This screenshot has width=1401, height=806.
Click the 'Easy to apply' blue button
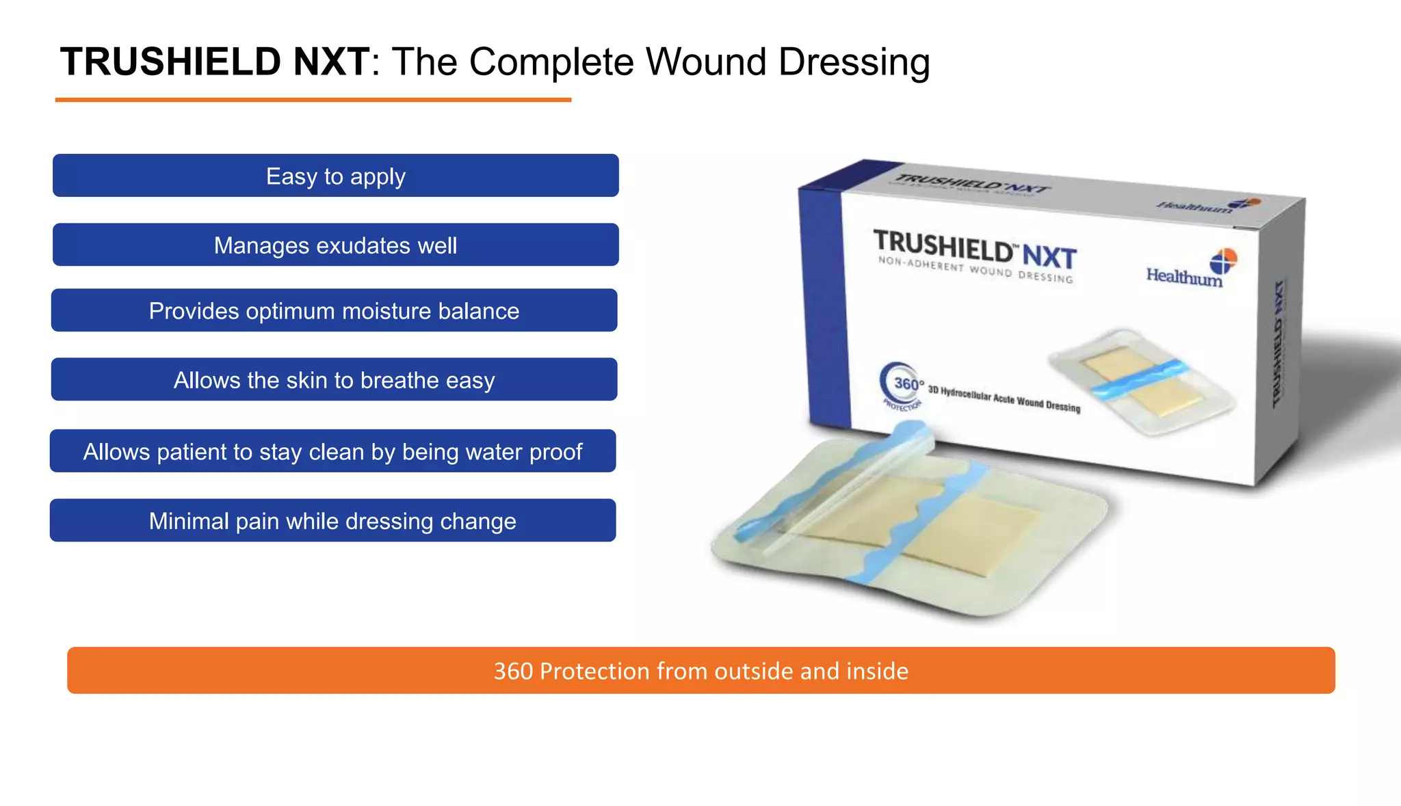(x=335, y=176)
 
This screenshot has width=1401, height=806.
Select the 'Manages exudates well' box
(x=335, y=245)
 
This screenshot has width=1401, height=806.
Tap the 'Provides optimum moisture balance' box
(x=334, y=310)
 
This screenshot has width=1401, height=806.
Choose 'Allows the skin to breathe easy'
(x=334, y=379)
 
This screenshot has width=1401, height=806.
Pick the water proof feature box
(x=332, y=451)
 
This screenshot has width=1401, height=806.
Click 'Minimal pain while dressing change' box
(x=332, y=521)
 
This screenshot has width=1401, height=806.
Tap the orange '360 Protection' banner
(x=700, y=671)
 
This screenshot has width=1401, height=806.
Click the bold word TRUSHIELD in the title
(x=171, y=62)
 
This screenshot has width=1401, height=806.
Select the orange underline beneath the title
(x=313, y=100)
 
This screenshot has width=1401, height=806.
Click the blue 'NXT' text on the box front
(x=1049, y=257)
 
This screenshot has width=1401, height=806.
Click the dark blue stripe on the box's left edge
(x=824, y=308)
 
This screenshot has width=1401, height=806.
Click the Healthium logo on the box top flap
(x=1208, y=204)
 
